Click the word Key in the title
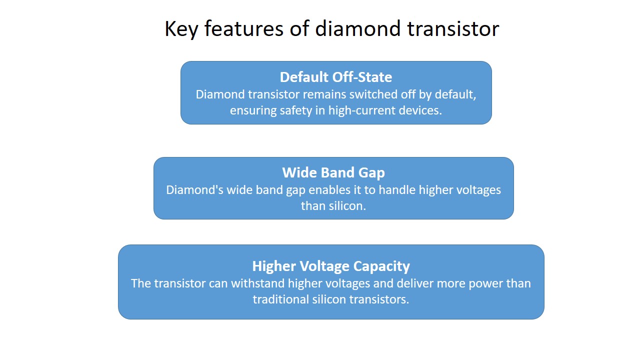(181, 29)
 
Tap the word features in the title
(244, 28)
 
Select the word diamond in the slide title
(357, 28)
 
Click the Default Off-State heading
(336, 77)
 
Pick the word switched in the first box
(373, 94)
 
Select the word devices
(420, 110)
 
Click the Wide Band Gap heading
(333, 172)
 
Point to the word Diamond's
(195, 190)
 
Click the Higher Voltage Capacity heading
(331, 266)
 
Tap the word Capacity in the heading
(381, 267)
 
